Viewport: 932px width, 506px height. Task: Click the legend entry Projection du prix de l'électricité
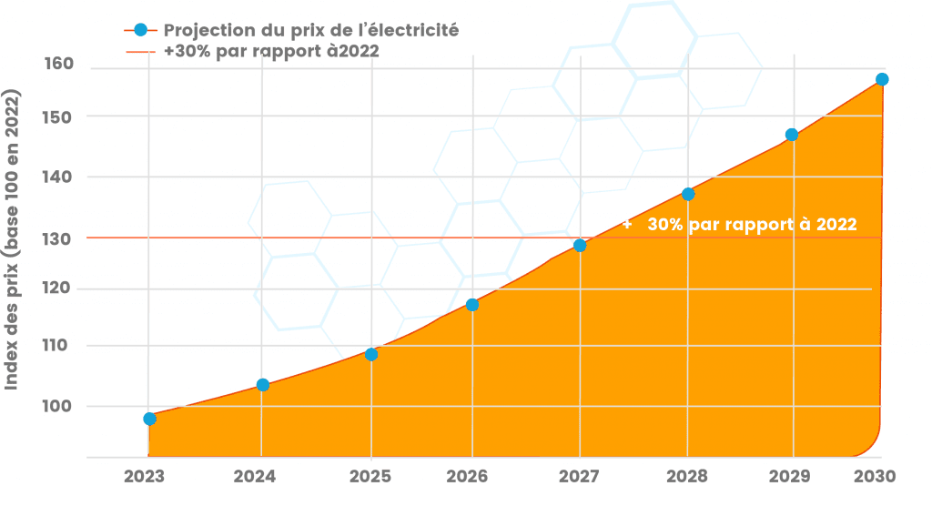click(x=309, y=30)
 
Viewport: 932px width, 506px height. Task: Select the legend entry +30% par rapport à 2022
click(x=271, y=51)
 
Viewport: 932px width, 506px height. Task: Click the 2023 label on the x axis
click(x=145, y=476)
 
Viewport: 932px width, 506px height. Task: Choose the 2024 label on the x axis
click(x=255, y=476)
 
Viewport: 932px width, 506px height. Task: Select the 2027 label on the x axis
click(x=578, y=476)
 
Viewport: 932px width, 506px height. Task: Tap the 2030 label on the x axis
click(x=876, y=476)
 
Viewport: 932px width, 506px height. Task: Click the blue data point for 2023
click(x=149, y=419)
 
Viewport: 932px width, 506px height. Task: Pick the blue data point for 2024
click(x=262, y=384)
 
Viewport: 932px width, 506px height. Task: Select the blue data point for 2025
click(x=371, y=354)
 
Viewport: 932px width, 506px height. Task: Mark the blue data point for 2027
click(x=579, y=245)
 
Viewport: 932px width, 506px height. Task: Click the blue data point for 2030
click(x=881, y=79)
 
